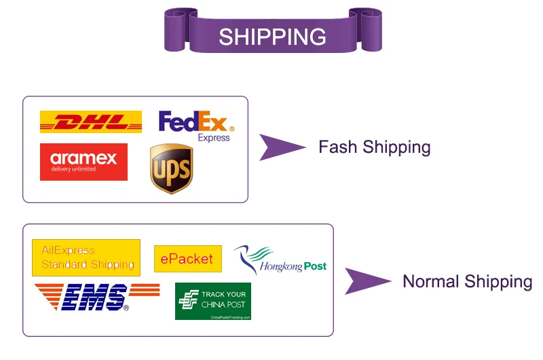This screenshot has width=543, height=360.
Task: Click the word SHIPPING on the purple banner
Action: click(x=272, y=36)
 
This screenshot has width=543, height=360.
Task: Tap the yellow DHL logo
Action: click(x=91, y=122)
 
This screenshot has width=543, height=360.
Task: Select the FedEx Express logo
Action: click(x=196, y=125)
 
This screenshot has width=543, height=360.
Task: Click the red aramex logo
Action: click(x=83, y=162)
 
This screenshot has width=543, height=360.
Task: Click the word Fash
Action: click(x=338, y=147)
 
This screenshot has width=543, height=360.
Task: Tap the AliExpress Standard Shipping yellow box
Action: click(x=86, y=257)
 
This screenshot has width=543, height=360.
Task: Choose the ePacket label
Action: click(x=187, y=259)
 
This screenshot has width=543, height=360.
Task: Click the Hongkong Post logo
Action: click(x=280, y=260)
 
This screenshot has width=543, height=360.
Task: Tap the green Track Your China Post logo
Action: click(x=213, y=301)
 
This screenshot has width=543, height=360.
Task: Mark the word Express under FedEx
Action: click(x=214, y=138)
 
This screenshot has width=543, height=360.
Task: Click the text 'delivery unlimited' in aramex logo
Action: click(x=73, y=169)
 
